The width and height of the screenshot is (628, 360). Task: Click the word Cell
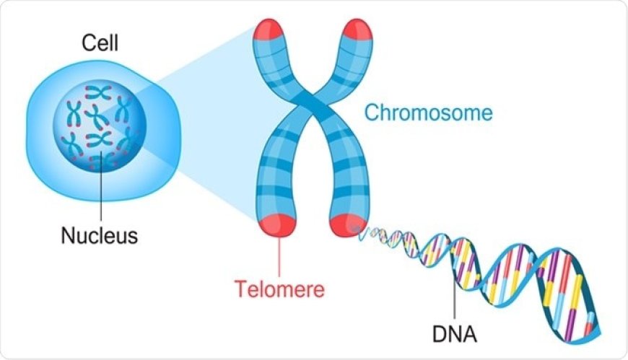point(100,43)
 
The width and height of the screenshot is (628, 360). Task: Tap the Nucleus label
point(100,235)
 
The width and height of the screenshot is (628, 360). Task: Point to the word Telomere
point(279,289)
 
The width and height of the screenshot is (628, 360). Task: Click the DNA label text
point(453,335)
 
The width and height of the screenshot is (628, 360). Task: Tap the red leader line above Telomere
point(279,256)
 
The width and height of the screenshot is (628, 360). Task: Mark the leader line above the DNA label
point(453,296)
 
